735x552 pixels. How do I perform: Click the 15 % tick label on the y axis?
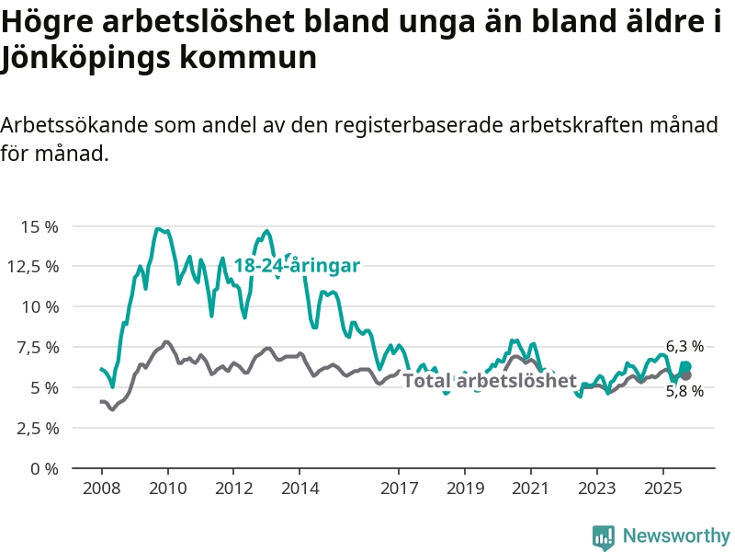(x=40, y=226)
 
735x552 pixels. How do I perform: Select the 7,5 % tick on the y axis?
(x=40, y=347)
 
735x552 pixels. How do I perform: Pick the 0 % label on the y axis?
(x=43, y=468)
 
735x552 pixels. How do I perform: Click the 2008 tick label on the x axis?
(x=101, y=487)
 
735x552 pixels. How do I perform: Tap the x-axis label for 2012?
(x=233, y=487)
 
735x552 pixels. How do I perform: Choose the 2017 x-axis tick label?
(x=399, y=487)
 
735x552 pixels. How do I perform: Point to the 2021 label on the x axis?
(x=531, y=487)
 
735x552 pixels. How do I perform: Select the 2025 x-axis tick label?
(x=663, y=487)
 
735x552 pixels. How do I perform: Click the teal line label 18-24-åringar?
(x=296, y=265)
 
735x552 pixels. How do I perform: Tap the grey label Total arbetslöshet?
(x=490, y=381)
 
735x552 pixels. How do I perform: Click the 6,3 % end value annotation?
(x=684, y=347)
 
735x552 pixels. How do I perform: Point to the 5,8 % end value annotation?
(x=684, y=391)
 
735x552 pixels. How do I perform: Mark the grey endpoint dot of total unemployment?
(x=686, y=375)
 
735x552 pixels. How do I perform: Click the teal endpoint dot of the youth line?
(x=685, y=366)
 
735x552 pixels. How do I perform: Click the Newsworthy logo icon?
(x=603, y=536)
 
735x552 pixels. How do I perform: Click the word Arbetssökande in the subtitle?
(x=73, y=125)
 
